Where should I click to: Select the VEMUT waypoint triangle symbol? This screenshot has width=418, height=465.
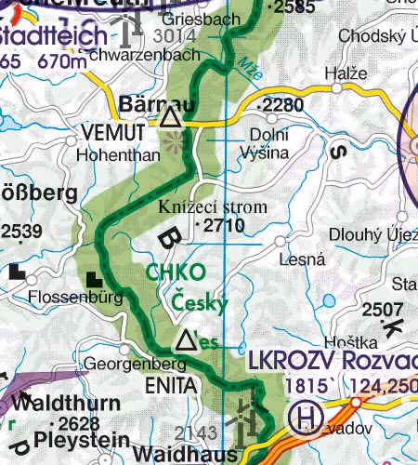point(169,118)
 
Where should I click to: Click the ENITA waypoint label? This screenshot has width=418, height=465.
point(171,383)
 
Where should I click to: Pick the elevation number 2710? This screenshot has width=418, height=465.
point(223,225)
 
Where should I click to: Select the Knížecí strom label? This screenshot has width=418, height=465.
point(213,206)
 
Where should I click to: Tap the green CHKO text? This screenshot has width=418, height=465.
point(172,272)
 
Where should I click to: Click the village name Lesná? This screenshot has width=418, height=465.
point(283,260)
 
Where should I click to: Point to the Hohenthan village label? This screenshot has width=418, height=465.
point(119,154)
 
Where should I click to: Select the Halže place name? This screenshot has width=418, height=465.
point(339,73)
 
